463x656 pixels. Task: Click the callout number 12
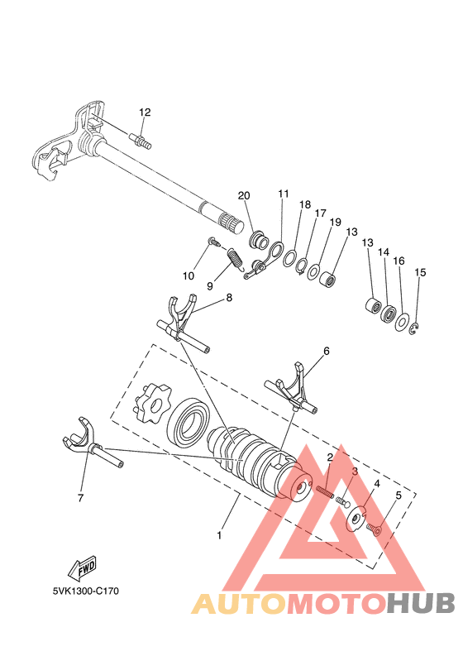(145, 112)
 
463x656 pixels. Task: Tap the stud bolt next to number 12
(141, 143)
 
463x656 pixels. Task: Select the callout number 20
(243, 195)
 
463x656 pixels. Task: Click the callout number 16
(399, 261)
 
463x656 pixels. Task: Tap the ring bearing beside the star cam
(189, 422)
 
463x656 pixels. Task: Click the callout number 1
(219, 535)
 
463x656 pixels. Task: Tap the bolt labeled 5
(373, 525)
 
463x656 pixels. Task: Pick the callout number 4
(376, 483)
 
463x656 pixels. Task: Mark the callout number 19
(335, 222)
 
